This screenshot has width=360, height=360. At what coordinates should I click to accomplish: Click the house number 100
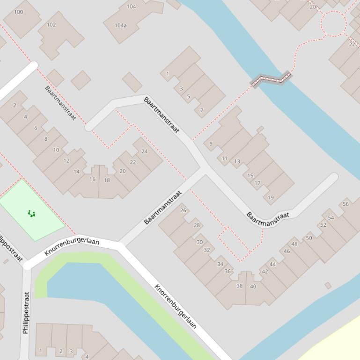pyautogui.click(x=19, y=12)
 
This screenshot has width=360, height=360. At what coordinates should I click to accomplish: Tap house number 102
pyautogui.click(x=51, y=25)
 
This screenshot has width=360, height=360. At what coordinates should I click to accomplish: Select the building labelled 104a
pyautogui.click(x=120, y=25)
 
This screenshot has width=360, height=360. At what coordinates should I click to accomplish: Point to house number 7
pyautogui.click(x=202, y=110)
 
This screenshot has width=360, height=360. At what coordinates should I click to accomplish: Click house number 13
pyautogui.click(x=237, y=161)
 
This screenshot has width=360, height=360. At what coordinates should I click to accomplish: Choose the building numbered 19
pyautogui.click(x=271, y=197)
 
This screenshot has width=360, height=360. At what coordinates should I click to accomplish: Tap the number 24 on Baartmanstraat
pyautogui.click(x=144, y=151)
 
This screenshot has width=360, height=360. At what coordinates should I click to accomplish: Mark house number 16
pyautogui.click(x=92, y=179)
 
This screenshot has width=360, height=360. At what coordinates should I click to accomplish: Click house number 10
pyautogui.click(x=56, y=150)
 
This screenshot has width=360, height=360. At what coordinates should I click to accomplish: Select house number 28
pyautogui.click(x=197, y=225)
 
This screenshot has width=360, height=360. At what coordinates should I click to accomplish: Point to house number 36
pyautogui.click(x=228, y=271)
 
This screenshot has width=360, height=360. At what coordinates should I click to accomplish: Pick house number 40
pyautogui.click(x=253, y=286)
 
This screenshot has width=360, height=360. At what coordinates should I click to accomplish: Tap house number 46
pyautogui.click(x=287, y=251)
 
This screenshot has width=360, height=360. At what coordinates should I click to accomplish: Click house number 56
pyautogui.click(x=345, y=204)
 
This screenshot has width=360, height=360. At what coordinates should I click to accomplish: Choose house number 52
pyautogui.click(x=323, y=225)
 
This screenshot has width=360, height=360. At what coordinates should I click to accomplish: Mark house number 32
pyautogui.click(x=207, y=250)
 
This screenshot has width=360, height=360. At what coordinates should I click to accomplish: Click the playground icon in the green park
pyautogui.click(x=31, y=214)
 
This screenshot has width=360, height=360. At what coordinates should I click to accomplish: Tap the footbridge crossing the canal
pyautogui.click(x=271, y=79)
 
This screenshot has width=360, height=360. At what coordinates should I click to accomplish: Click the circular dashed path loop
pyautogui.click(x=333, y=22)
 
